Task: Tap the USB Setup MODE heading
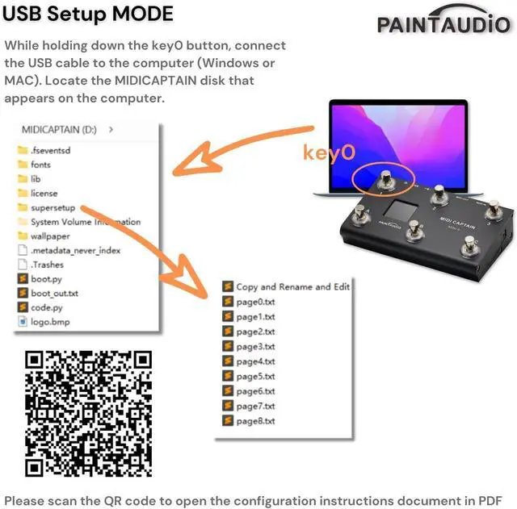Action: click(x=89, y=15)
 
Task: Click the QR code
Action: click(x=89, y=413)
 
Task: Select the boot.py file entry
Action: click(x=46, y=279)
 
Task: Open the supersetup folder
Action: click(x=53, y=207)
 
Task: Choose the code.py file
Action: click(x=46, y=307)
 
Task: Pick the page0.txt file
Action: click(x=254, y=302)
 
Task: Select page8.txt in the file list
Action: click(x=254, y=421)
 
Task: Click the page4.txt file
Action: click(x=254, y=361)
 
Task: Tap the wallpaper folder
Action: click(x=50, y=236)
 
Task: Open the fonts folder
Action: click(x=40, y=165)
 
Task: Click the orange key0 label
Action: click(x=329, y=152)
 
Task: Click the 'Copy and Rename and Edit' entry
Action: click(x=292, y=286)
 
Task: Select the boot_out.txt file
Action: click(x=54, y=294)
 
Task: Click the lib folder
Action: click(x=36, y=179)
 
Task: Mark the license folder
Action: click(x=44, y=194)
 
